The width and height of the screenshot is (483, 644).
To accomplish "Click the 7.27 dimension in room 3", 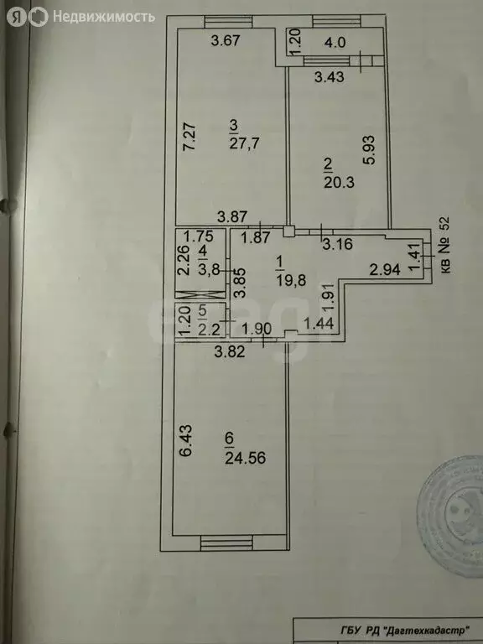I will pyautogui.click(x=190, y=137).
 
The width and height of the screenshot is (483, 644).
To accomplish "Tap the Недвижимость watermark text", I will pyautogui.click(x=103, y=17).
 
